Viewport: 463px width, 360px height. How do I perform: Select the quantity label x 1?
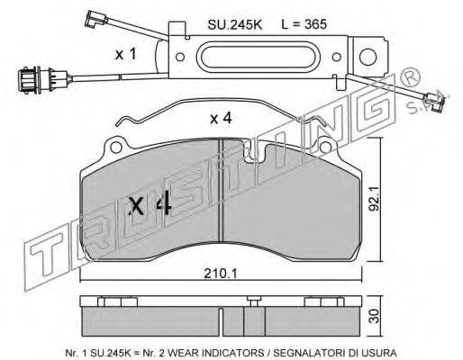pyautogui.click(x=126, y=54)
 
